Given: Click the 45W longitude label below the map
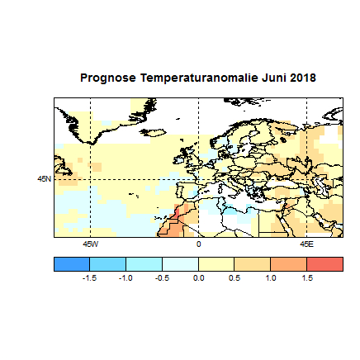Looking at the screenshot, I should pyautogui.click(x=90, y=245).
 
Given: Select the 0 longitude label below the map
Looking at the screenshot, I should pyautogui.click(x=198, y=245).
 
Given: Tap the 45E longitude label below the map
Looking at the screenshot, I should pyautogui.click(x=306, y=245).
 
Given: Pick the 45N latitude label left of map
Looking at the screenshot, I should pyautogui.click(x=45, y=178).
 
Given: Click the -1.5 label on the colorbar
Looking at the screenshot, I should pyautogui.click(x=89, y=279).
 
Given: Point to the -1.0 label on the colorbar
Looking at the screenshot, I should pyautogui.click(x=126, y=279).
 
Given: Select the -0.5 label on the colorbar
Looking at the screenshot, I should pyautogui.click(x=162, y=279).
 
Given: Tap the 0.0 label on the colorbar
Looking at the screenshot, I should pyautogui.click(x=198, y=279).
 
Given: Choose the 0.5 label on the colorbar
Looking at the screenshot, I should pyautogui.click(x=234, y=279).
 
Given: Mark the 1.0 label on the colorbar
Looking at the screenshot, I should pyautogui.click(x=271, y=279).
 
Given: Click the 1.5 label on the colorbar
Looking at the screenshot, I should pyautogui.click(x=306, y=279).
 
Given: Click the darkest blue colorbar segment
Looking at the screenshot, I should pyautogui.click(x=72, y=264).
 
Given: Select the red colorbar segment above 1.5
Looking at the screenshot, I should pyautogui.click(x=324, y=264).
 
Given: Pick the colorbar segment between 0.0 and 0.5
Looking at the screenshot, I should pyautogui.click(x=216, y=264).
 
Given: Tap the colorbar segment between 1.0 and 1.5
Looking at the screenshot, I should pyautogui.click(x=288, y=264).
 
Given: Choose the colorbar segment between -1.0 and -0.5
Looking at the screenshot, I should pyautogui.click(x=144, y=264).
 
